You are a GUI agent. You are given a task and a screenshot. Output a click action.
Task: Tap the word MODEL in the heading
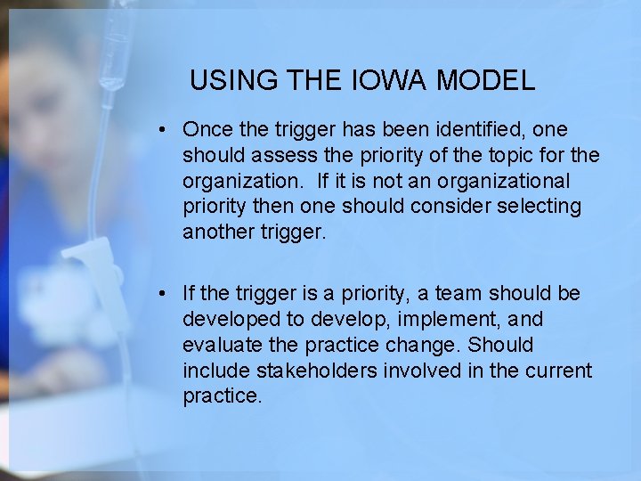tap(484, 81)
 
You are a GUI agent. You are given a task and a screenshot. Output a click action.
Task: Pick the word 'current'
tap(559, 371)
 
